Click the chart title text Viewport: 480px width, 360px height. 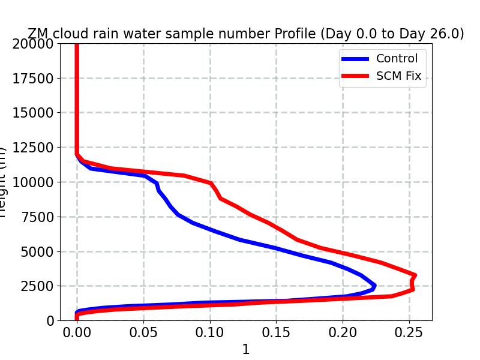tap(246, 34)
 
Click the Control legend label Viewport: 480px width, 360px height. tap(397, 59)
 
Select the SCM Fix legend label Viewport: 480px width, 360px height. tap(399, 76)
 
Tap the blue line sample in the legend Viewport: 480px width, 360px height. tap(355, 59)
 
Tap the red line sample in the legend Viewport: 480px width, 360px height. tap(355, 76)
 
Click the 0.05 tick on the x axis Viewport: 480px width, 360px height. tap(143, 332)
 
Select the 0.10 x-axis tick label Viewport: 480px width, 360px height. tap(210, 332)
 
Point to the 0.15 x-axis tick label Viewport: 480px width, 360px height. tap(276, 332)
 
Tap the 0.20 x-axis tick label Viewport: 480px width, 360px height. tap(343, 332)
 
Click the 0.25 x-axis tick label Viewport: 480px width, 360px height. tap(409, 332)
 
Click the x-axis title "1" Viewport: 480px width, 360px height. tap(245, 350)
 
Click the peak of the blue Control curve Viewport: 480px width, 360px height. tap(374, 286)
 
